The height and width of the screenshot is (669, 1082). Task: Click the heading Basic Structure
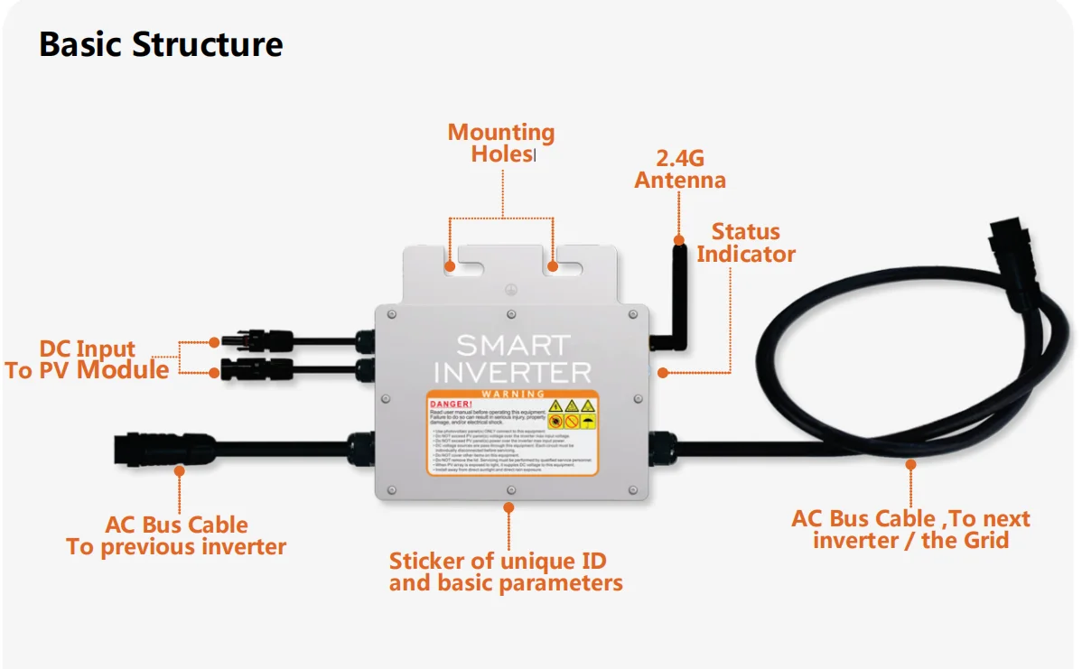coord(161,44)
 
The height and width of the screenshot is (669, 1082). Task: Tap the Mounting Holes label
coord(501,144)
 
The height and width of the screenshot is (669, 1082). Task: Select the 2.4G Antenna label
coord(680,170)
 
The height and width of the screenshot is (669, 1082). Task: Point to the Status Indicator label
coord(745,243)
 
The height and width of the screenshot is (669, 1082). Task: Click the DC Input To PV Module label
coord(88,359)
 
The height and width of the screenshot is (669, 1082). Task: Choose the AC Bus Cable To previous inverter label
coord(176,535)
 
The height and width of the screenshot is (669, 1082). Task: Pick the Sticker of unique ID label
coord(506,571)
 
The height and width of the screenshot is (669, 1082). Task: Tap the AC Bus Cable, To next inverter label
coord(910,529)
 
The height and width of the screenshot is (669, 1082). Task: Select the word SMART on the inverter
coord(513,345)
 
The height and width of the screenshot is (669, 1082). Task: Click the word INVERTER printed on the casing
coord(513,372)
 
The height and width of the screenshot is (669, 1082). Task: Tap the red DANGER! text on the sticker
coord(451,404)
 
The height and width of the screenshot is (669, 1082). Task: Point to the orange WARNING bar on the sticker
coord(512,394)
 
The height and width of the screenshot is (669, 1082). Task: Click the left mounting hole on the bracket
coord(451,266)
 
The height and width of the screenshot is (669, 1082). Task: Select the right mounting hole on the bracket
coord(553,266)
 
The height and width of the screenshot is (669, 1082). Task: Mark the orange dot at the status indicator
coord(663,372)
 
